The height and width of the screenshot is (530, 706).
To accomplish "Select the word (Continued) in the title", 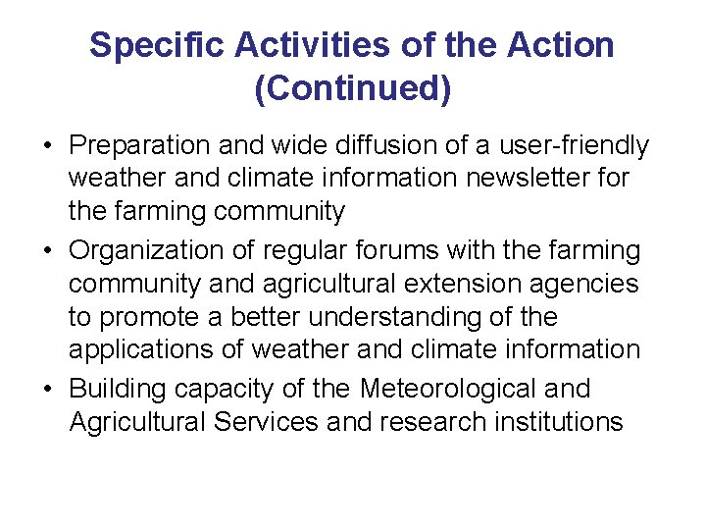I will [353, 88].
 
